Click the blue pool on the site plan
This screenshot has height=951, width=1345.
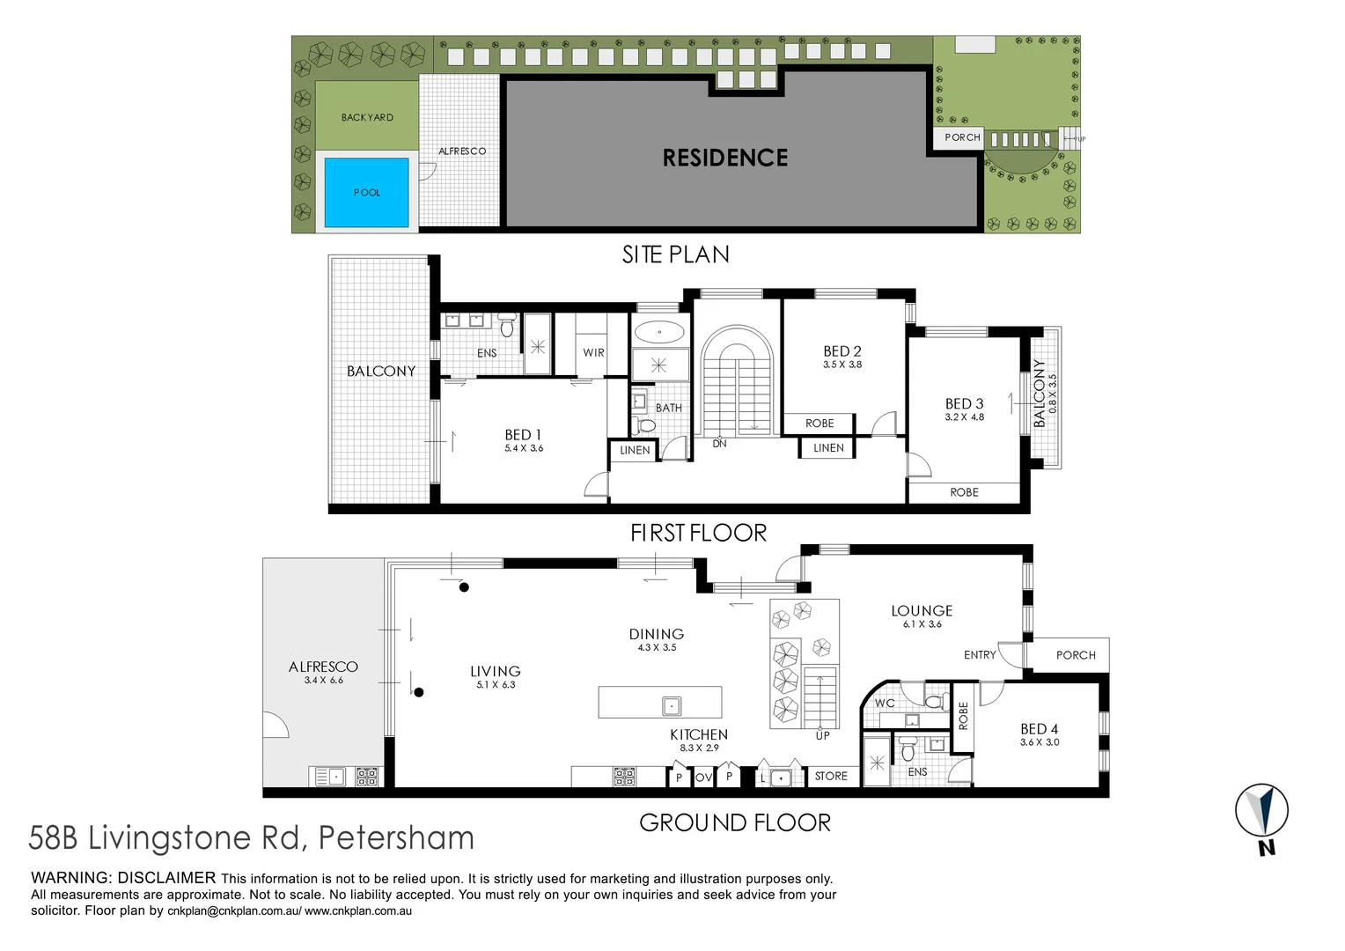(x=367, y=193)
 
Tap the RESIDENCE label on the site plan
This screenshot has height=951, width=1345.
(x=724, y=158)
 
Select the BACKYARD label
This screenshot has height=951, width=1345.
(x=367, y=117)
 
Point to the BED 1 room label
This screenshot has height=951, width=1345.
(x=523, y=435)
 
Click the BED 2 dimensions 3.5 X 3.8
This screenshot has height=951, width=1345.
(x=842, y=365)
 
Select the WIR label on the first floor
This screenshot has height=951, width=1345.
(x=593, y=352)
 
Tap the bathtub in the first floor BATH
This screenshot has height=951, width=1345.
(x=659, y=333)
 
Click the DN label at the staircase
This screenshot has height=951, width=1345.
(x=719, y=444)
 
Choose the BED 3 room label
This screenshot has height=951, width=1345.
(x=964, y=403)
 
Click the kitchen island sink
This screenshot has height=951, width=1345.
(x=672, y=705)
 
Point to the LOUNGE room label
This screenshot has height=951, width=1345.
(x=922, y=610)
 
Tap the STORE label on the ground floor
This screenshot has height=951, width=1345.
(x=831, y=776)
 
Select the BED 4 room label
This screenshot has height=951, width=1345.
(x=1039, y=729)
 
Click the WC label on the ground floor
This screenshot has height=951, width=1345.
(x=885, y=704)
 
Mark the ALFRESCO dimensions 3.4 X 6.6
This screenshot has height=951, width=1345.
(x=323, y=681)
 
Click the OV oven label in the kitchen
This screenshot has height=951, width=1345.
(x=703, y=778)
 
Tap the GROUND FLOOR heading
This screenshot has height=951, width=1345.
(x=734, y=822)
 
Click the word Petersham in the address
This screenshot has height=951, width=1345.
(x=395, y=837)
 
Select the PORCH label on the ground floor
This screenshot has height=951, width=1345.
(x=1076, y=655)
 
